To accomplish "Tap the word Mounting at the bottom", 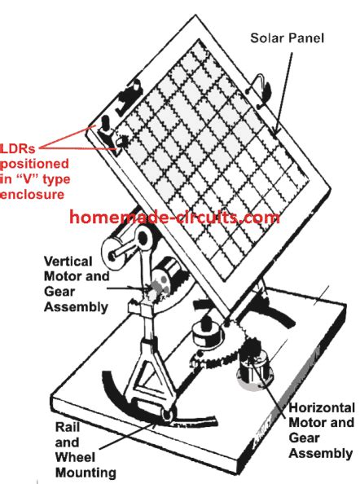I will point(81,472).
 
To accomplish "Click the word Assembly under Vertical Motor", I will point(80,307).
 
